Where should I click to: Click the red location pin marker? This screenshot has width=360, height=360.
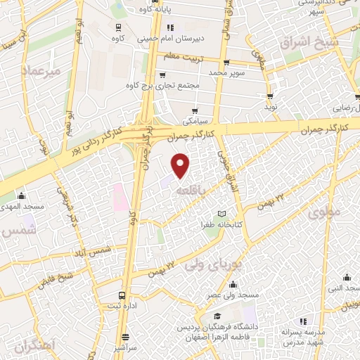(181, 165)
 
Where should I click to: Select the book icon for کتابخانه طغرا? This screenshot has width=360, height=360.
(222, 214)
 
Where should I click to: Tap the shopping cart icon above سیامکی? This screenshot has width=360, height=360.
(195, 110)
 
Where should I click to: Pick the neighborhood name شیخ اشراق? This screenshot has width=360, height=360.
(310, 44)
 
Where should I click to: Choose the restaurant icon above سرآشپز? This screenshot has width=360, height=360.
(126, 337)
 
